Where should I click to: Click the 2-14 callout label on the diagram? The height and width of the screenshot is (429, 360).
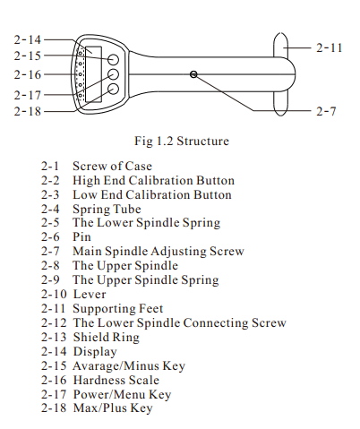tap(27, 39)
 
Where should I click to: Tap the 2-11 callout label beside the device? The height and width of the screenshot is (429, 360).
tap(330, 47)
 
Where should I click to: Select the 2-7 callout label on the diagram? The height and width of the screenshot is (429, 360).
tap(326, 111)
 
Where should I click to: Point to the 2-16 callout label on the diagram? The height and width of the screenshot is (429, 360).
tap(27, 74)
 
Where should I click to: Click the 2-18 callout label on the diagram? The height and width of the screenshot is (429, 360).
tap(27, 111)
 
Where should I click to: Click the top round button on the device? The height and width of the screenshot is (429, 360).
tap(113, 60)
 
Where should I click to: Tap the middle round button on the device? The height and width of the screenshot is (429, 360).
tap(113, 74)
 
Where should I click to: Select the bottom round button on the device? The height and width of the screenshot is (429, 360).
tap(113, 89)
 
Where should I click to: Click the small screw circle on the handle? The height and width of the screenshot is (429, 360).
tap(193, 74)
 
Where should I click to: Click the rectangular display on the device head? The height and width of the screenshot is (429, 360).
tap(94, 74)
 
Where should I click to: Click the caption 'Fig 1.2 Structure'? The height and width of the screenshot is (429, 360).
tap(182, 141)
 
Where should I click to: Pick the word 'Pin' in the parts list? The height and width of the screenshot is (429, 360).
tap(81, 237)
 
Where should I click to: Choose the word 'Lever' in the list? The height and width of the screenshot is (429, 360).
tap(90, 295)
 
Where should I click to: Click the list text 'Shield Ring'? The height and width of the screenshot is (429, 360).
tap(107, 338)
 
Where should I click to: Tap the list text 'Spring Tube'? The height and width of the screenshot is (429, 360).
tap(107, 209)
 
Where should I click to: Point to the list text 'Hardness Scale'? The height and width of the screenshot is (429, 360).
tap(116, 380)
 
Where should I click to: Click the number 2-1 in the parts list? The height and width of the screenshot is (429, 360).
tap(50, 166)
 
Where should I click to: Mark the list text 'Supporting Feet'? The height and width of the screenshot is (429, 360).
tap(118, 309)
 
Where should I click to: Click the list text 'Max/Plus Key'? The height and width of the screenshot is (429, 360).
tap(113, 408)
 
